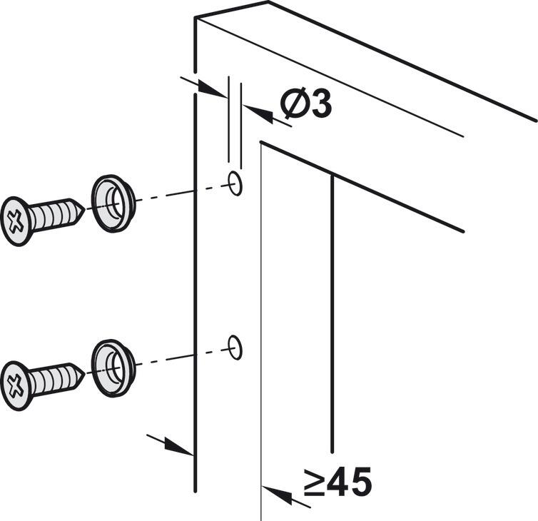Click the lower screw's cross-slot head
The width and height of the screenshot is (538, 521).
click(x=16, y=385)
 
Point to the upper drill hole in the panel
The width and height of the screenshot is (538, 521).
click(x=235, y=184)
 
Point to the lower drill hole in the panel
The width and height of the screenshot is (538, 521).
click(x=235, y=348)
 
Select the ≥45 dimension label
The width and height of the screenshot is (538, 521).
click(x=337, y=483)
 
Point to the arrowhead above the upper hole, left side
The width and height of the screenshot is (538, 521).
click(x=212, y=90)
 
